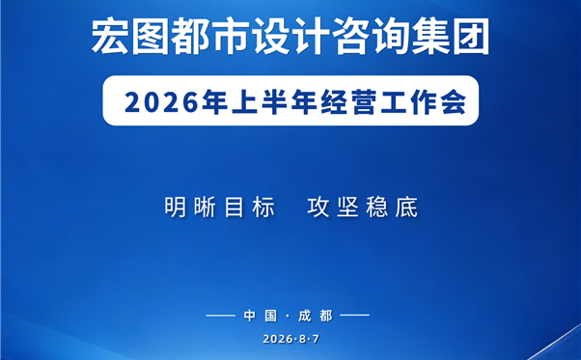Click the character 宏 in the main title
point(110,37)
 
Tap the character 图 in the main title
point(150,37)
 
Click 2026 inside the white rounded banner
point(161,102)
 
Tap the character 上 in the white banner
point(245,102)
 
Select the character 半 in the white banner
point(274,102)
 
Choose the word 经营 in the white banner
point(348,102)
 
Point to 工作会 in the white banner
point(423,102)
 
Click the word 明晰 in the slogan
point(190,208)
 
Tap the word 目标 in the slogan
point(249,208)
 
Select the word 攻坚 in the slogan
point(333,208)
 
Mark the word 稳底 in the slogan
point(392,208)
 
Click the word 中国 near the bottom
point(261,316)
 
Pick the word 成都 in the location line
point(316,316)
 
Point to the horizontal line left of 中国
point(220,316)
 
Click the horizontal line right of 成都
point(354,316)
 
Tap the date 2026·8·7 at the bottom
point(290,339)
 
